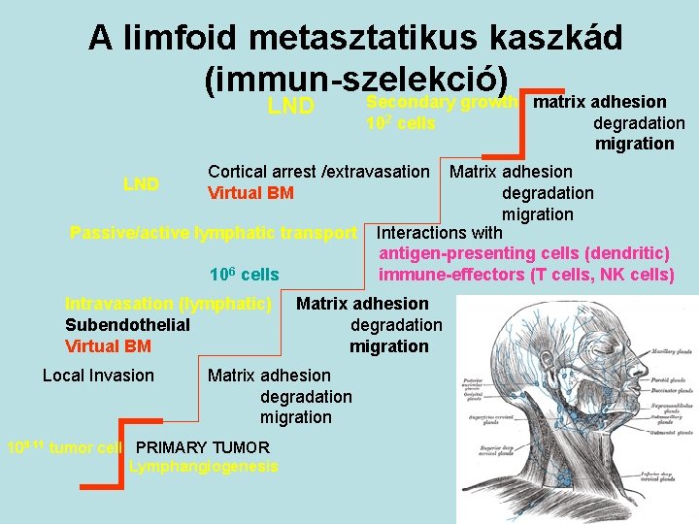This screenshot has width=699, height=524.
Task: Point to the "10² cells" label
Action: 400,123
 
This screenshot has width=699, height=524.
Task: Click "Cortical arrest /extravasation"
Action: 318,172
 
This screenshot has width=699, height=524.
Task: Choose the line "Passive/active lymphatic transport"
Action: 214,233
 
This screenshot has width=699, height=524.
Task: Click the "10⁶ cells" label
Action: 244,275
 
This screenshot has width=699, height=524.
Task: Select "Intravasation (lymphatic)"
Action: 168,304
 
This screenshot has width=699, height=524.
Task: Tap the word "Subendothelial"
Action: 127,325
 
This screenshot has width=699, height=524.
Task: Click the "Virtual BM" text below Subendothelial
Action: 108,346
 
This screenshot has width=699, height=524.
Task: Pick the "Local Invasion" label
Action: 98,376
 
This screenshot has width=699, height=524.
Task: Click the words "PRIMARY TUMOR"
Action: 203,447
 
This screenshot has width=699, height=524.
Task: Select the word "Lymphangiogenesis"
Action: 203,467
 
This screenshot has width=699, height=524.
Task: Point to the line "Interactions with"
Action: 439,233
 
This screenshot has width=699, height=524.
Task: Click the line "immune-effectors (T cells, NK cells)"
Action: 526,275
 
